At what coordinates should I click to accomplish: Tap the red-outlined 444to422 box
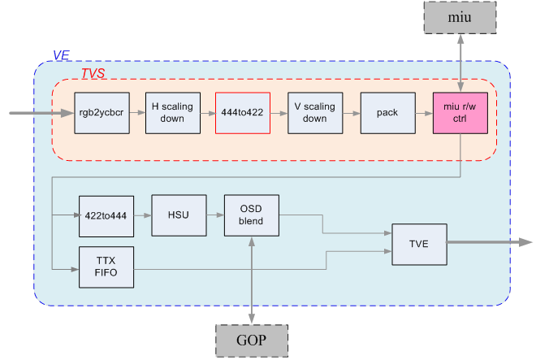(x=242, y=113)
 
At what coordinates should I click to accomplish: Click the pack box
(x=387, y=113)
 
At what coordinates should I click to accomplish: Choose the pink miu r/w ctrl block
(x=460, y=113)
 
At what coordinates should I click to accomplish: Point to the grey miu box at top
(x=460, y=17)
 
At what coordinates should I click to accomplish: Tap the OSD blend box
(x=251, y=216)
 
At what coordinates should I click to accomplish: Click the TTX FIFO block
(x=106, y=267)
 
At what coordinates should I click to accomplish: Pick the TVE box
(x=419, y=242)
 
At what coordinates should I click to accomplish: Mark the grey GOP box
(x=251, y=340)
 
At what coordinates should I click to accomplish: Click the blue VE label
(x=61, y=55)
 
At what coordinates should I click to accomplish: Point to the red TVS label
(x=93, y=73)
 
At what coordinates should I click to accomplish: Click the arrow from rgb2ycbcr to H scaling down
(x=134, y=113)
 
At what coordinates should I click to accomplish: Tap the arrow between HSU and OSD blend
(x=215, y=216)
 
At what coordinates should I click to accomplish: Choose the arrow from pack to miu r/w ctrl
(x=423, y=113)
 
